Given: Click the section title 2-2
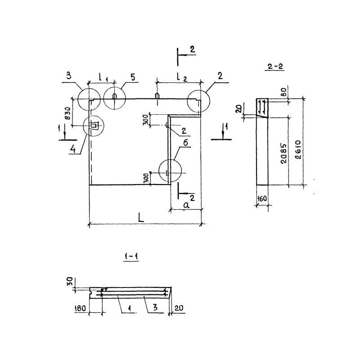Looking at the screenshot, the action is click(275, 67).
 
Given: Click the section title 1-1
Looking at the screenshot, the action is click(131, 256).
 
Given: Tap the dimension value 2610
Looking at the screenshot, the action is click(298, 150).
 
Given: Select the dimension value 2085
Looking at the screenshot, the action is click(284, 153).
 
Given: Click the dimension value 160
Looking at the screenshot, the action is click(262, 198).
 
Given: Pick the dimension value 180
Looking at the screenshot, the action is click(80, 308).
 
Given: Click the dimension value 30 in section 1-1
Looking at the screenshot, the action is click(70, 281).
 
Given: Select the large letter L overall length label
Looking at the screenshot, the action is click(141, 217).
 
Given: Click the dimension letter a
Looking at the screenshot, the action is click(186, 205).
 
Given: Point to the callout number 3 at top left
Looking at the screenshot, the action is click(69, 76).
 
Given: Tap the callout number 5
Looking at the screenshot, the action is click(133, 77).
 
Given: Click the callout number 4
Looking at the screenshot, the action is click(72, 149).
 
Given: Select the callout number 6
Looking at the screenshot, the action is click(185, 143).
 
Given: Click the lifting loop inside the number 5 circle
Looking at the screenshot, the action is click(114, 96).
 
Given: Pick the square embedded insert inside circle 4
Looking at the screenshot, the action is click(94, 126).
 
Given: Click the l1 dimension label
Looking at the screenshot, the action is click(103, 77).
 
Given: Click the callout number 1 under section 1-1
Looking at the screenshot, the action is click(130, 308).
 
